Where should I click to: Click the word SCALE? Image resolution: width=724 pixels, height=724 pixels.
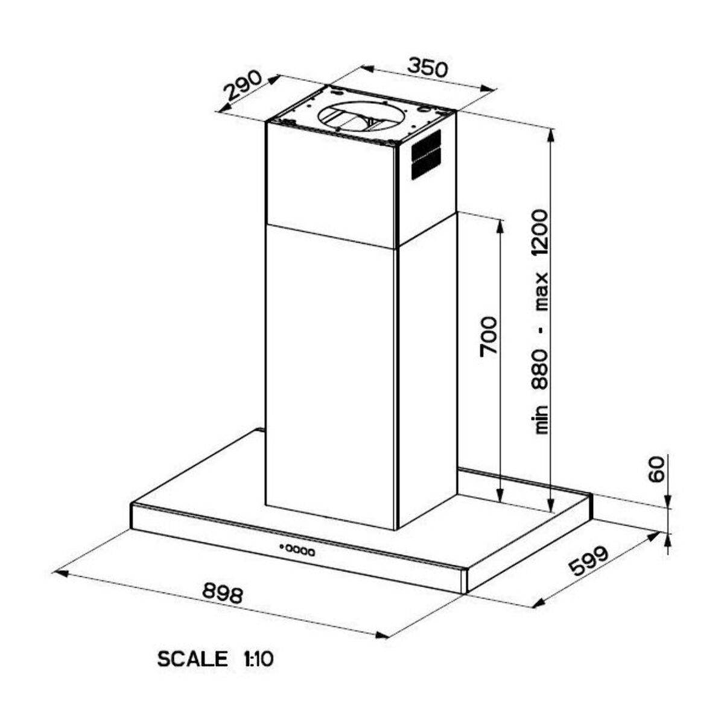pyautogui.click(x=192, y=659)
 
